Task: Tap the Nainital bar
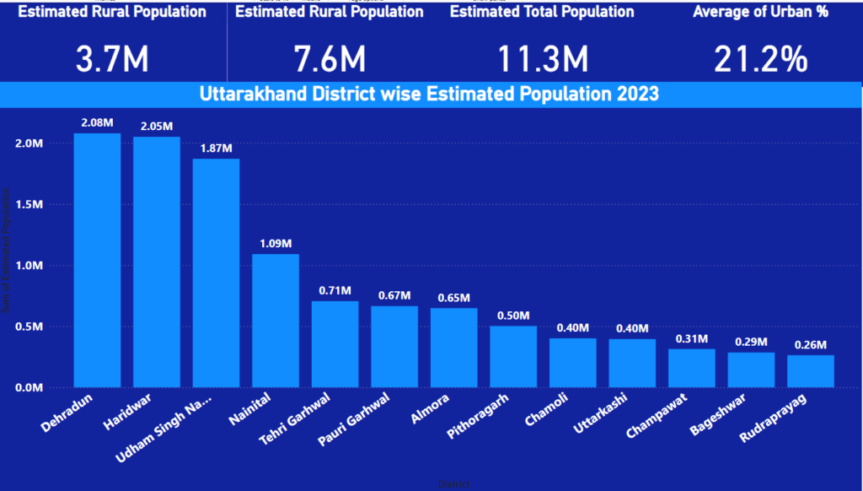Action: pyautogui.click(x=276, y=321)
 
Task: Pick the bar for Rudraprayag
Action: pyautogui.click(x=811, y=371)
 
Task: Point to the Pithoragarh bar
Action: pyautogui.click(x=513, y=356)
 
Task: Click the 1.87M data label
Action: pyautogui.click(x=216, y=148)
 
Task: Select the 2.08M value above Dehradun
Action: pyautogui.click(x=97, y=123)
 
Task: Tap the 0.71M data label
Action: pyautogui.click(x=335, y=291)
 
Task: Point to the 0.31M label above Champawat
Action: pyautogui.click(x=692, y=339)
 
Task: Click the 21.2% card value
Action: pyautogui.click(x=760, y=59)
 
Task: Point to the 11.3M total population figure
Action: pyautogui.click(x=542, y=59)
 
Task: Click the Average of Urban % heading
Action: pyautogui.click(x=760, y=12)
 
